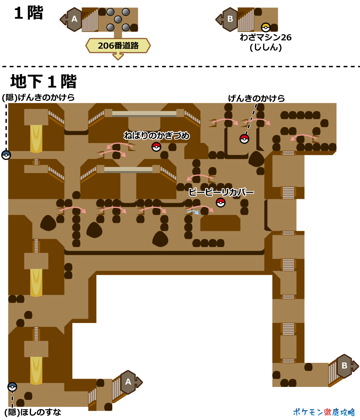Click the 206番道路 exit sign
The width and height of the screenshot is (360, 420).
pyautogui.click(x=118, y=46)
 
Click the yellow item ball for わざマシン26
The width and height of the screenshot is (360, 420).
pyautogui.click(x=266, y=27)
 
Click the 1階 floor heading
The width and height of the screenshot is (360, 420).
pyautogui.click(x=28, y=13)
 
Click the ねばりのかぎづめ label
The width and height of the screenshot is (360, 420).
pyautogui.click(x=157, y=136)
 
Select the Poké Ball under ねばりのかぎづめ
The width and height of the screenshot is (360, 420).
pyautogui.click(x=156, y=146)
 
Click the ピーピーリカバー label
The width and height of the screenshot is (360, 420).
pyautogui.click(x=221, y=192)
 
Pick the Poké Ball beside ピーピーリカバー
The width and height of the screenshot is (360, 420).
pyautogui.click(x=221, y=203)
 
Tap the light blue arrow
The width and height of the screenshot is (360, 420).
pyautogui.click(x=193, y=212)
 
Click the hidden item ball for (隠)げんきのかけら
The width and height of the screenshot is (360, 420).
pyautogui.click(x=6, y=155)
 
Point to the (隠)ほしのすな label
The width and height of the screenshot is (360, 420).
pyautogui.click(x=33, y=412)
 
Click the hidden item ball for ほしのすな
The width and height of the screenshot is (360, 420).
pyautogui.click(x=12, y=387)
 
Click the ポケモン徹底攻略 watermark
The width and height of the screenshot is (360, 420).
pyautogui.click(x=324, y=412)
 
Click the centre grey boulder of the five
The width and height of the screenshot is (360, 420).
pyautogui.click(x=118, y=19)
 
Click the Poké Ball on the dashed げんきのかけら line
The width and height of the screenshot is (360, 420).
pyautogui.click(x=244, y=139)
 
